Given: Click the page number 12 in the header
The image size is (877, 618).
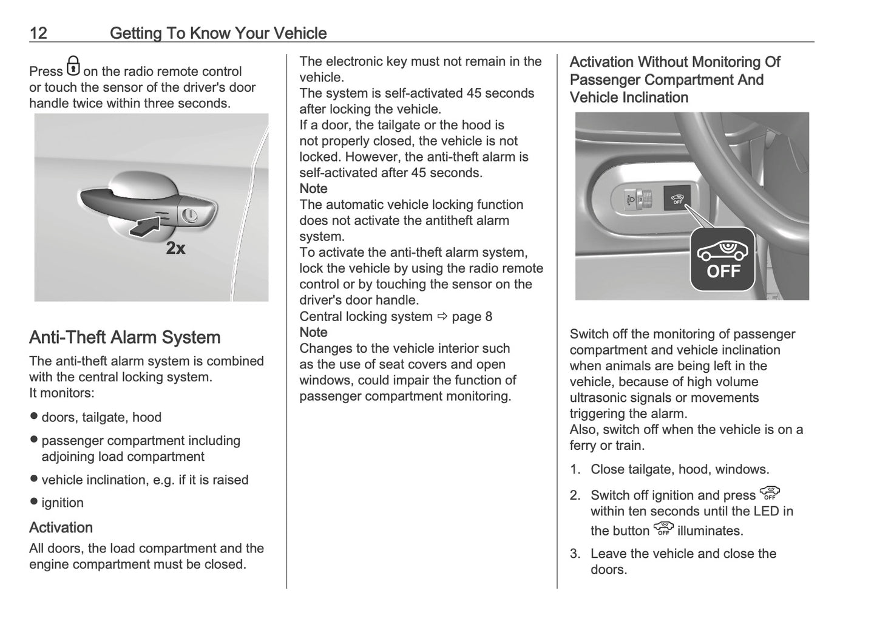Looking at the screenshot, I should (x=38, y=33).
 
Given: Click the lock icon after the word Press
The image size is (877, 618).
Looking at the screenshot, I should (x=73, y=66).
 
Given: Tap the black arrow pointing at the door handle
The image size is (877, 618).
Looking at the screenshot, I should (x=145, y=226).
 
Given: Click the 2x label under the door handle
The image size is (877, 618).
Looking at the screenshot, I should (x=175, y=248).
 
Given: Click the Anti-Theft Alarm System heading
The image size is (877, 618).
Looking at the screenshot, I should (x=124, y=338).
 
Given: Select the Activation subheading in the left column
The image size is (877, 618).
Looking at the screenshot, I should (x=61, y=527).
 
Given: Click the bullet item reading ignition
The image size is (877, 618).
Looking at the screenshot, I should (x=62, y=503).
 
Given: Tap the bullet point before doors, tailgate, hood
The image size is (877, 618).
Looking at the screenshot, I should (x=34, y=416).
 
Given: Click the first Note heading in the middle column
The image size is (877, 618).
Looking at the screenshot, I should (x=313, y=189).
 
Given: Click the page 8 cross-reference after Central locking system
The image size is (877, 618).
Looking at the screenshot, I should (x=472, y=316).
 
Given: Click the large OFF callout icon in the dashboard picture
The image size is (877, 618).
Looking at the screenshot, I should (x=722, y=259).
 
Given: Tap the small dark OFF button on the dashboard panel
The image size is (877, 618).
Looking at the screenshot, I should (x=677, y=199).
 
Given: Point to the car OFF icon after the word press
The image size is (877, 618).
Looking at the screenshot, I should (x=770, y=493).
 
